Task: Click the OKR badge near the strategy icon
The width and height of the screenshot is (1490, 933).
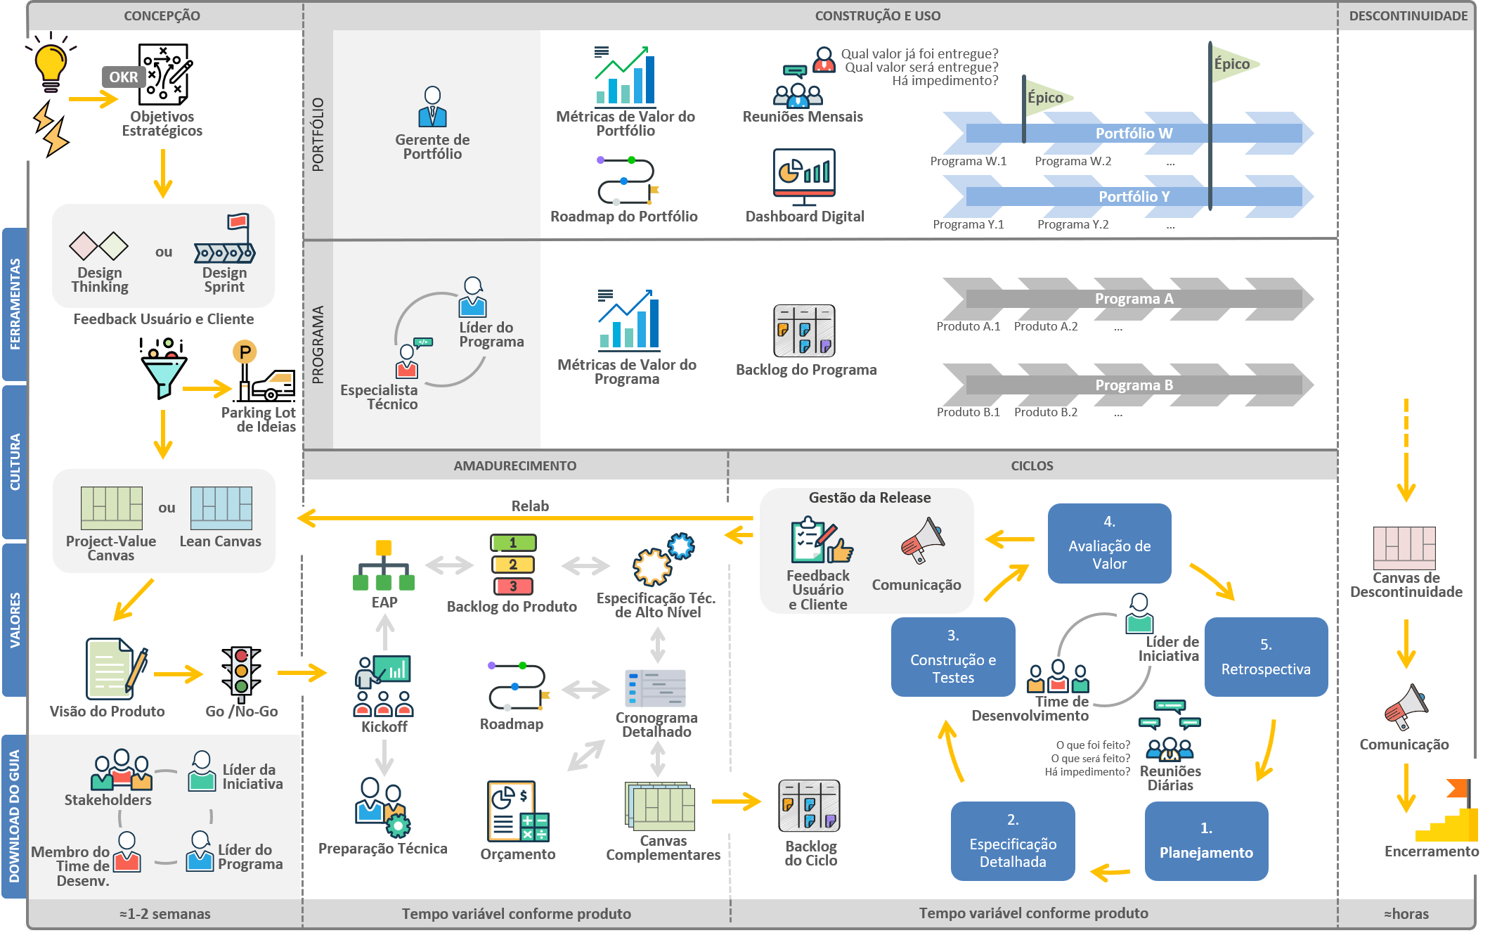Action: (x=124, y=77)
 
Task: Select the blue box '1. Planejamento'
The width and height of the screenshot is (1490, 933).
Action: (x=1206, y=841)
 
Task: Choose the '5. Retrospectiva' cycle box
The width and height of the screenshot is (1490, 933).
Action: (x=1266, y=657)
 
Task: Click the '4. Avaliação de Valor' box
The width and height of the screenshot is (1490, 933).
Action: (x=1109, y=543)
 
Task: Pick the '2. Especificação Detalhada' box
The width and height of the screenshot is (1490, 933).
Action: (x=1013, y=841)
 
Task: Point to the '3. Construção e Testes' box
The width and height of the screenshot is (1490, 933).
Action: (x=953, y=657)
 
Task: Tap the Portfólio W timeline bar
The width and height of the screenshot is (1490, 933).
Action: (x=1133, y=133)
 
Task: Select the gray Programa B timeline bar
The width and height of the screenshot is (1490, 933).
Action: (x=1133, y=385)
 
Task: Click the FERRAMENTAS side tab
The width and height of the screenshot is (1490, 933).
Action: (x=15, y=304)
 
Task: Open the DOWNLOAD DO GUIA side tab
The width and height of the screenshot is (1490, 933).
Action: (x=15, y=816)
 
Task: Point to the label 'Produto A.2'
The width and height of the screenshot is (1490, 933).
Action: (x=1045, y=326)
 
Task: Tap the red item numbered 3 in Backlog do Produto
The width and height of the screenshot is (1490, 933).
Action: (x=513, y=586)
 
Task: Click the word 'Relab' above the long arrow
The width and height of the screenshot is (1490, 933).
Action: (x=530, y=506)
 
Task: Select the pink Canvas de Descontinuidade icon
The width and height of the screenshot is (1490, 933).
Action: (x=1404, y=548)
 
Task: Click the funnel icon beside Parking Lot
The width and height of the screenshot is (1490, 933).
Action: (x=163, y=368)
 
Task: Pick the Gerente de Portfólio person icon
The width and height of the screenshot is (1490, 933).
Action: (x=432, y=107)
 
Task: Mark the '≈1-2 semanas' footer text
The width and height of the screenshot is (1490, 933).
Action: (x=165, y=913)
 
